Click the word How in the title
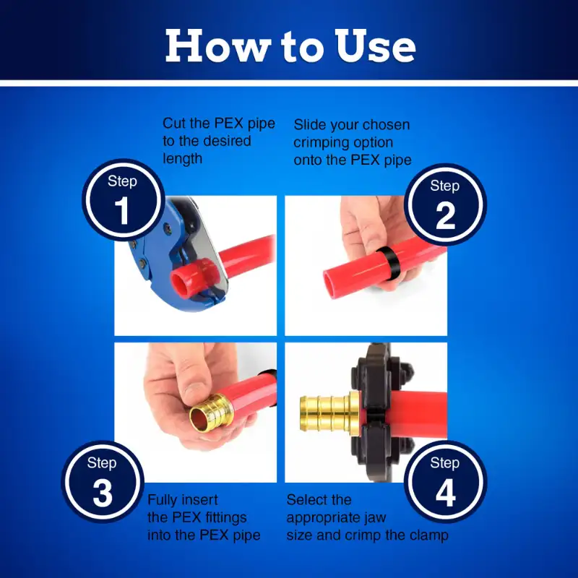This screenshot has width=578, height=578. point(218,46)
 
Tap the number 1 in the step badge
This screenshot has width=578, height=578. point(122,210)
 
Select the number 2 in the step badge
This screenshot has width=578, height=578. point(445,215)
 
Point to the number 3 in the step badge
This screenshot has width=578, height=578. point(103,493)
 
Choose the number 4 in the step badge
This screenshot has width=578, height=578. point(446,493)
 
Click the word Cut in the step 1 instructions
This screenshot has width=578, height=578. point(174,123)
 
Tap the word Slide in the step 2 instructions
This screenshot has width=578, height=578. point(310,124)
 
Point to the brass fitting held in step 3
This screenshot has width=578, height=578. point(208,412)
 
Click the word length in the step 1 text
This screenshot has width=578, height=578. point(183,159)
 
